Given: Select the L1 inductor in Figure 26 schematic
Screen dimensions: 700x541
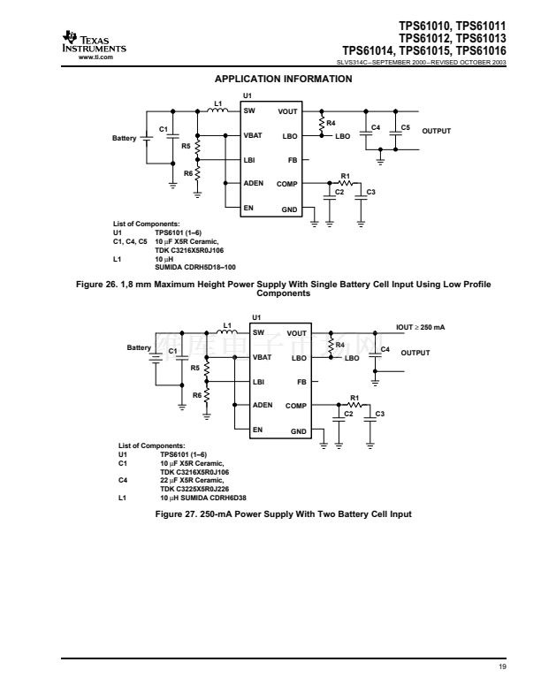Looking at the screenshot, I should click(x=217, y=110).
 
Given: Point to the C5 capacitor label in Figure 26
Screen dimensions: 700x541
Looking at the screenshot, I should click(x=405, y=128).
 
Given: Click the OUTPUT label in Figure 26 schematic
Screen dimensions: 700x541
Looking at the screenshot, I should click(x=436, y=131).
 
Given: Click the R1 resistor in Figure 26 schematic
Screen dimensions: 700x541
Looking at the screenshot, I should click(x=346, y=183).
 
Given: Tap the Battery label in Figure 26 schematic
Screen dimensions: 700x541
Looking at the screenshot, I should click(x=125, y=139).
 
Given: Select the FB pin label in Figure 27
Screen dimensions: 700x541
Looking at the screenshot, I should click(x=301, y=383).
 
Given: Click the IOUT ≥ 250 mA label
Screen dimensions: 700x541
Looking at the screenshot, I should click(x=420, y=328).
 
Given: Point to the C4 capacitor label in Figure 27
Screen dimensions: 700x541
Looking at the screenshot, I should click(x=384, y=350).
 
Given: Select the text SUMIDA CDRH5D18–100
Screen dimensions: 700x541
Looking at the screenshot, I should click(x=195, y=266).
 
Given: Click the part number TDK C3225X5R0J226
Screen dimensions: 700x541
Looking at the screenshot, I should click(x=194, y=487).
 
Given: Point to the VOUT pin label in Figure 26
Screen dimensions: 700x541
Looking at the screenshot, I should click(x=287, y=112).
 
